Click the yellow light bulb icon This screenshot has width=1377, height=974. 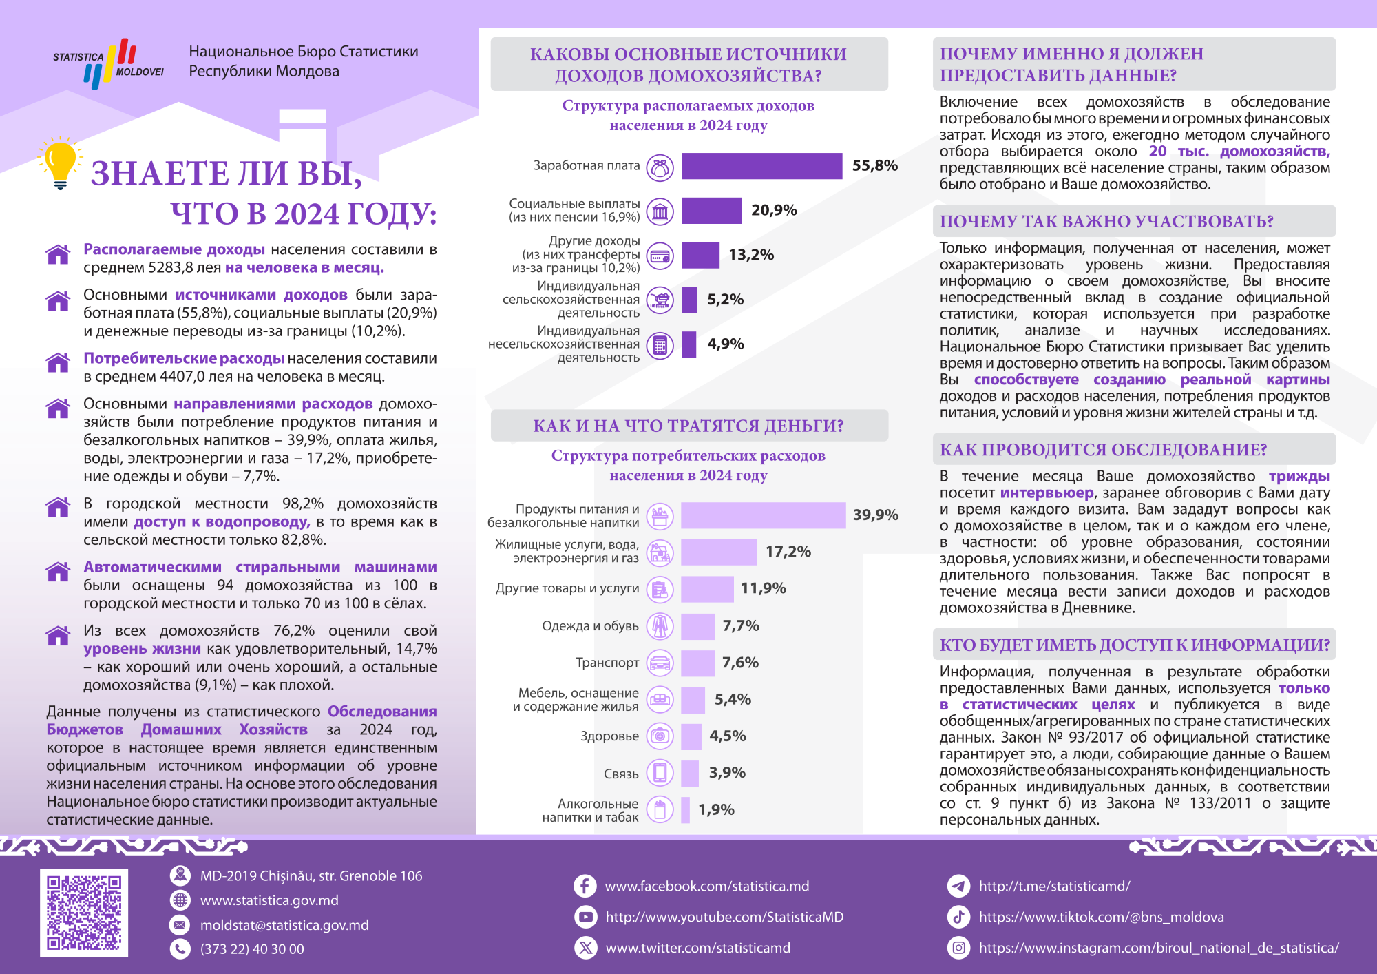(60, 162)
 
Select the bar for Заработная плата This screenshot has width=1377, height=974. (761, 166)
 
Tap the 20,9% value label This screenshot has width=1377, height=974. (774, 210)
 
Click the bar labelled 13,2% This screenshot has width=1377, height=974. (700, 255)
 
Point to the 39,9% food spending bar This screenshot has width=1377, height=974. (763, 515)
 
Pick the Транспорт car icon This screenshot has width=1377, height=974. (660, 663)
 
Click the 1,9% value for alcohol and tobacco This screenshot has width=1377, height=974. (716, 809)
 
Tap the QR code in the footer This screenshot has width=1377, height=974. (84, 913)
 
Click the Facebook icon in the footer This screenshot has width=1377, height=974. (585, 886)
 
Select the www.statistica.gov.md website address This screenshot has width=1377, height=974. (269, 900)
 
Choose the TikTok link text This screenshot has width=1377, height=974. (1101, 917)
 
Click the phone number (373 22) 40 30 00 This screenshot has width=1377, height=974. (252, 949)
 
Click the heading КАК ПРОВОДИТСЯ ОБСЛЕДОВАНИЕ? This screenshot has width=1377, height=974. (1103, 450)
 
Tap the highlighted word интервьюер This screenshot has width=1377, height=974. (1047, 493)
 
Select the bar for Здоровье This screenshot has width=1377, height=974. (691, 736)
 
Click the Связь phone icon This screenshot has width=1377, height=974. (660, 773)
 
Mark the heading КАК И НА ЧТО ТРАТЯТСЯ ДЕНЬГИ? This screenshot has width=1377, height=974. (688, 426)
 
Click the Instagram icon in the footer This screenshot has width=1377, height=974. (958, 948)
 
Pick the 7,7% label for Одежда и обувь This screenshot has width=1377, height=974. (740, 625)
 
